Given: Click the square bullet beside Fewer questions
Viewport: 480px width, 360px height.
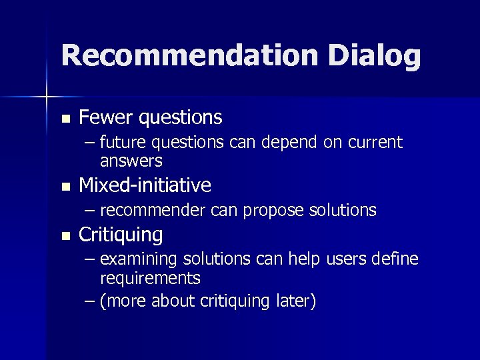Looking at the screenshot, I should point(65,119).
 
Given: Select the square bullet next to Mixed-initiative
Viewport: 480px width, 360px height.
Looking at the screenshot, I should point(65,186).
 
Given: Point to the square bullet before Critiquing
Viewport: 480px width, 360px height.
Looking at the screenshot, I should point(65,235).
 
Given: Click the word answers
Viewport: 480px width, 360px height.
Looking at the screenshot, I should point(131,161).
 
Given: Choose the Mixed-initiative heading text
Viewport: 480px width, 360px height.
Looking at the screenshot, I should point(145,185).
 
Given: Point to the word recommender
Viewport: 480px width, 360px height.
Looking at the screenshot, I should point(153,211).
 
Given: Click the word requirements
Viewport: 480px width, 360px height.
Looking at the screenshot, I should point(150,278).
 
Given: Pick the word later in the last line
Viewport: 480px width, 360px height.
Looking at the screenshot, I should point(293,301).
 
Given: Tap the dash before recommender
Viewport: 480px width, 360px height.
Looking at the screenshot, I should point(91,211).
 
